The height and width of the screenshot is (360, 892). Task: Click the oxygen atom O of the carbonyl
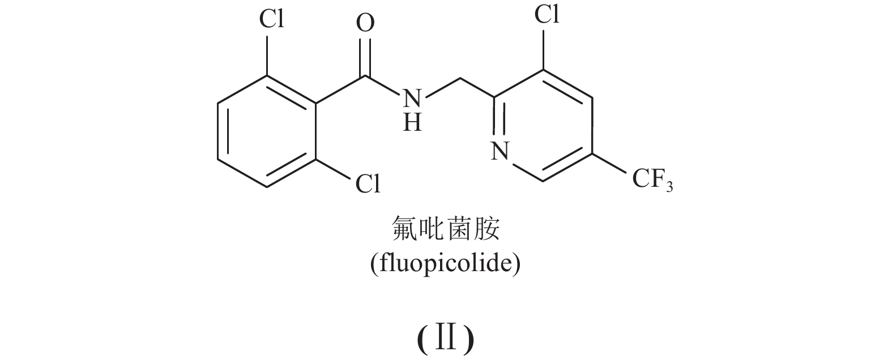coord(366,24)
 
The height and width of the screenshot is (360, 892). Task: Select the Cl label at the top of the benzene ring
coord(272,20)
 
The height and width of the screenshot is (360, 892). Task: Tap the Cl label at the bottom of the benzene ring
coord(368,184)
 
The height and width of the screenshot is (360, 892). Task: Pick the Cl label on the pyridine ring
coord(547,15)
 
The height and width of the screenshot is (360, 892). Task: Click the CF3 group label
coord(651,180)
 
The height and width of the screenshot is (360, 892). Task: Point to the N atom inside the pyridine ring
coord(498,152)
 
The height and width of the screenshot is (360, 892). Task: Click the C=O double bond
coord(366,57)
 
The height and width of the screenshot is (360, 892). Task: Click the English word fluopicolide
coord(445,264)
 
